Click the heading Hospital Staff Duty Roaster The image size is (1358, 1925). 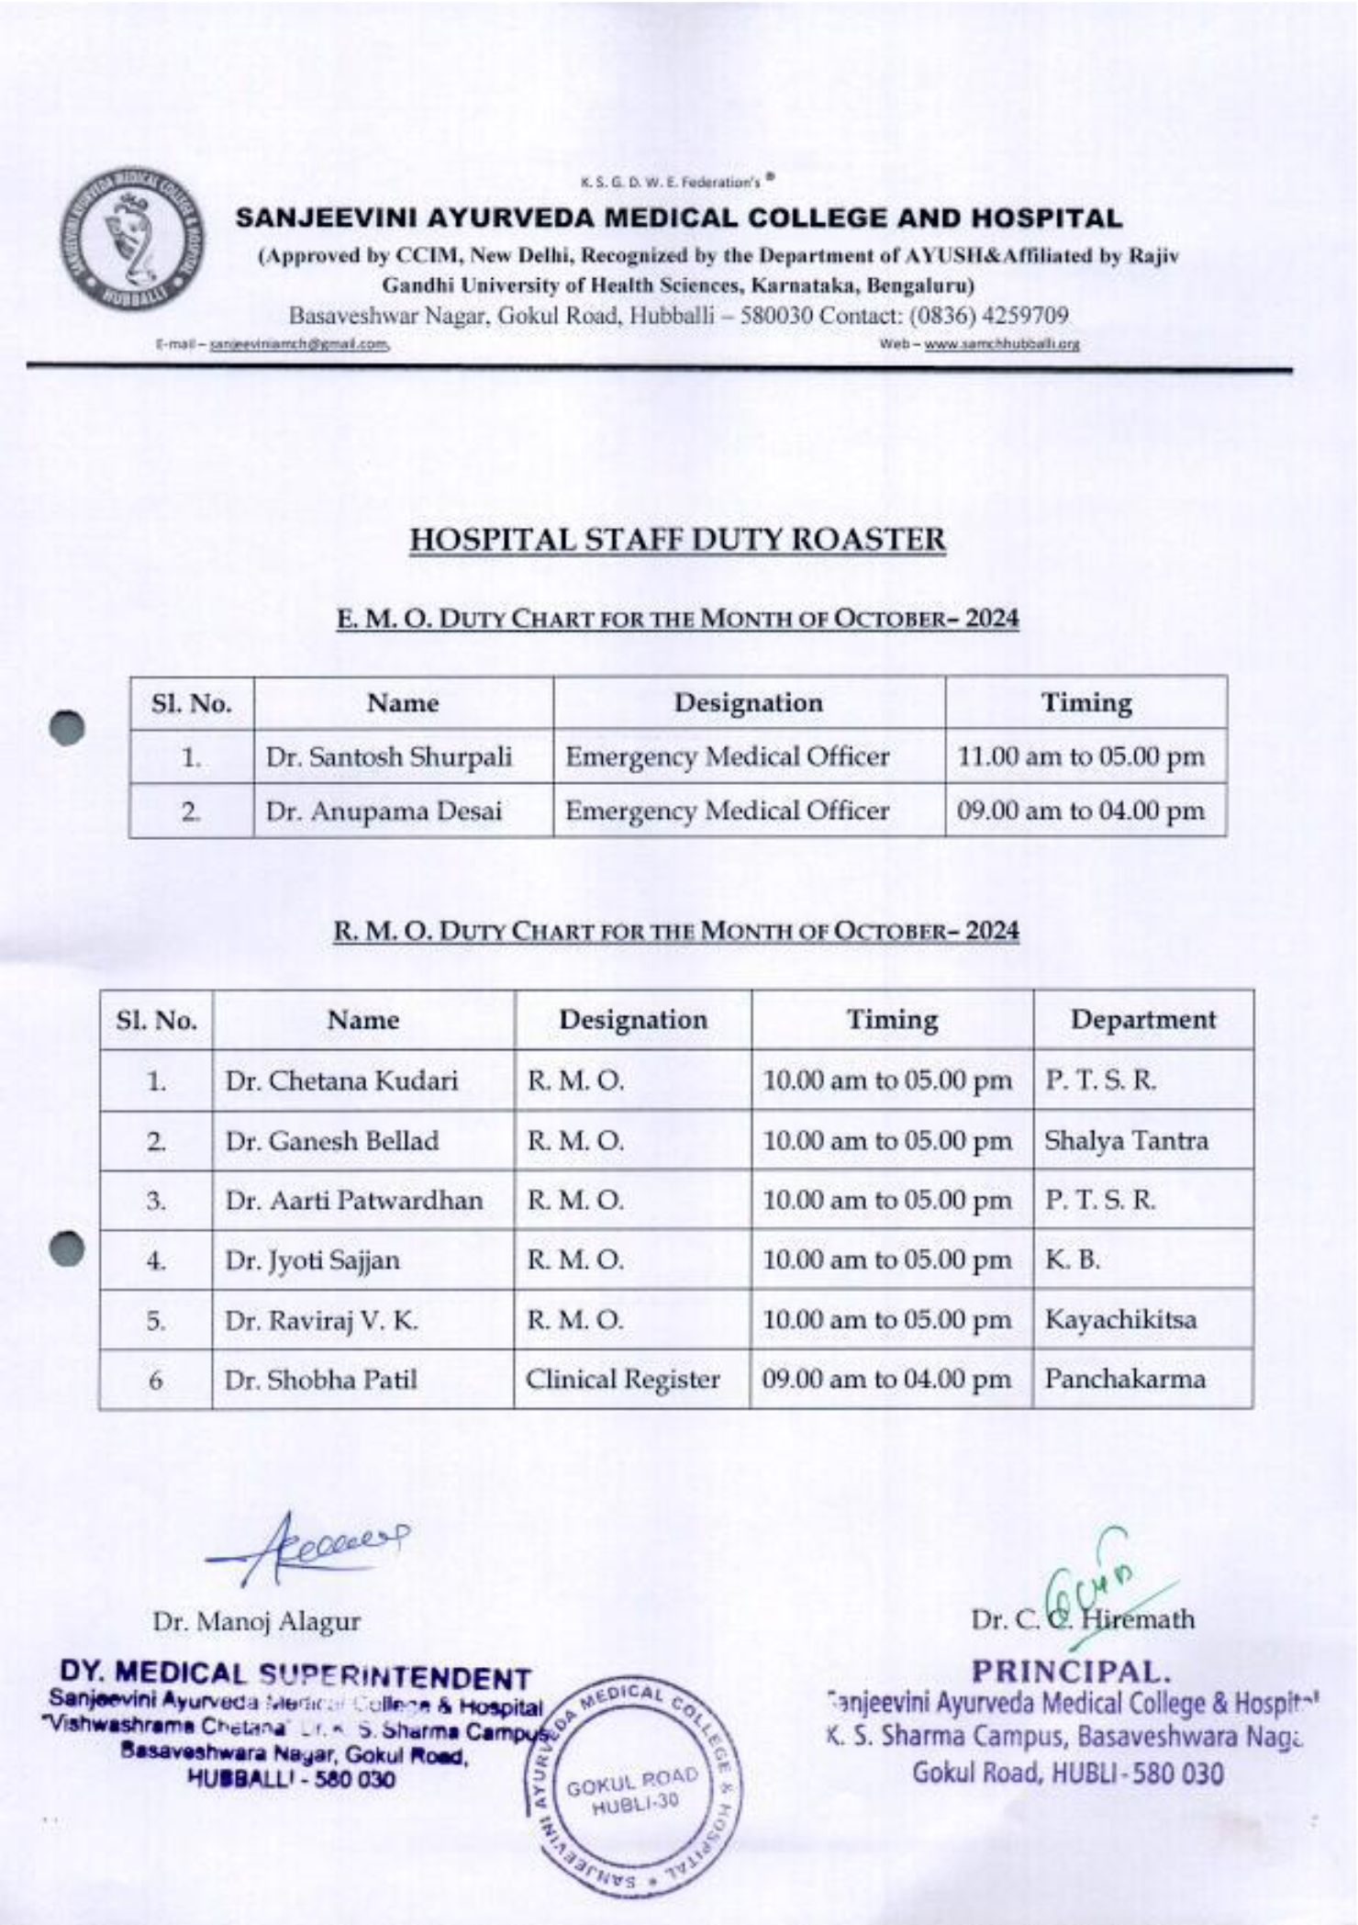(x=677, y=540)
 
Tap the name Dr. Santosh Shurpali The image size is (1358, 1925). (x=389, y=757)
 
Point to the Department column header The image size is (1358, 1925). (x=1142, y=1020)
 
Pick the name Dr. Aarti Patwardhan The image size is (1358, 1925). (x=354, y=1201)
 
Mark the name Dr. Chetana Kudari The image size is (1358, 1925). (x=341, y=1081)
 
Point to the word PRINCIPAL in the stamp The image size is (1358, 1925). (x=1066, y=1671)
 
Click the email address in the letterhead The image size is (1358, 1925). (x=300, y=345)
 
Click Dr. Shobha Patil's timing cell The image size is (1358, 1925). (x=886, y=1380)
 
